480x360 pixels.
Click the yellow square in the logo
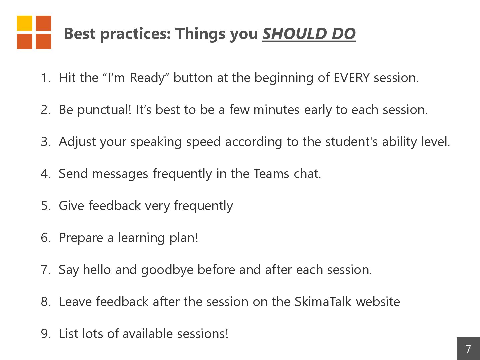[24, 23]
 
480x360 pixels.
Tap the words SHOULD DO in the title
[309, 34]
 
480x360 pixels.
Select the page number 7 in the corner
[468, 349]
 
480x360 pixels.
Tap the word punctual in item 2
[104, 110]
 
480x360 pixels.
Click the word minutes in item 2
[276, 110]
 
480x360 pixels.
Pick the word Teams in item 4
[271, 174]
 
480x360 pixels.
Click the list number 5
[46, 206]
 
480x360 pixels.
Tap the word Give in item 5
[72, 206]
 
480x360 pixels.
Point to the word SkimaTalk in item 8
[323, 302]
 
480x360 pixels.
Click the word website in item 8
[378, 302]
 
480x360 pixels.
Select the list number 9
[46, 334]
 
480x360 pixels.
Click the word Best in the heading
[80, 34]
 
